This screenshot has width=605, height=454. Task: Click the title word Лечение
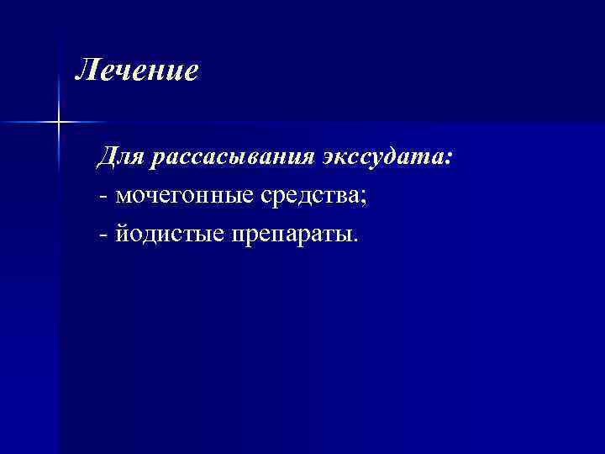(137, 71)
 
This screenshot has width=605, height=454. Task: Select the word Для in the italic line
(122, 157)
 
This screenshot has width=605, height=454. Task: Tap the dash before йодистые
(103, 234)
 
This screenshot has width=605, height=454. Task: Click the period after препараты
(355, 238)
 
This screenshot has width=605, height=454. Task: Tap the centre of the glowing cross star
(59, 123)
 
